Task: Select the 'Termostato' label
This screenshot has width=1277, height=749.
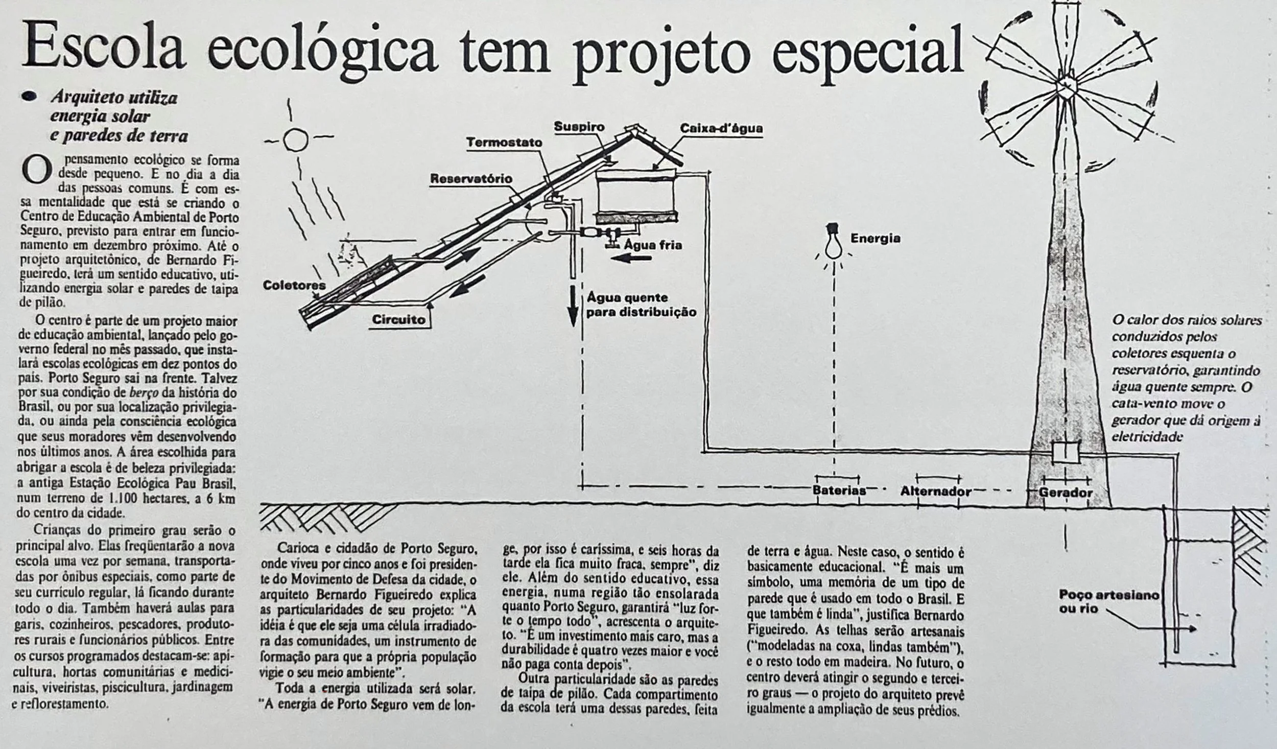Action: tap(504, 143)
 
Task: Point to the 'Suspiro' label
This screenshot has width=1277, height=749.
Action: tap(579, 127)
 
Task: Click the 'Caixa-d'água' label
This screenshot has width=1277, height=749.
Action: tap(721, 128)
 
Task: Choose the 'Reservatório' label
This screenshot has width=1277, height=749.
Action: tap(470, 179)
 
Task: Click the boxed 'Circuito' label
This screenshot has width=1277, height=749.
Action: tap(398, 320)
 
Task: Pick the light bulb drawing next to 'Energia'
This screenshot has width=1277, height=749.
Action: tap(834, 245)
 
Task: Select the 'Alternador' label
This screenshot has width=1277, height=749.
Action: tap(936, 491)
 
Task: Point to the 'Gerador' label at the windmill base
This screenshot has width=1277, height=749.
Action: tap(1066, 493)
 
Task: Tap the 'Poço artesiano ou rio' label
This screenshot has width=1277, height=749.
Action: tap(1108, 601)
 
